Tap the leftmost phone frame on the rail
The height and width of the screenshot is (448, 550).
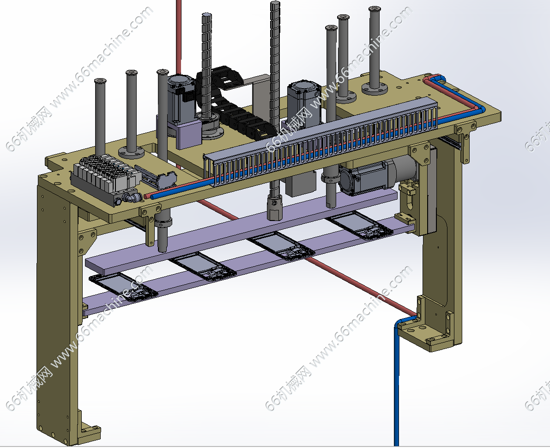pos(123,287)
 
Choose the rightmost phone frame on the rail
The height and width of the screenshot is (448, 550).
pos(360,225)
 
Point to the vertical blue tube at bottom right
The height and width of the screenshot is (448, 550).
pos(397,383)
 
